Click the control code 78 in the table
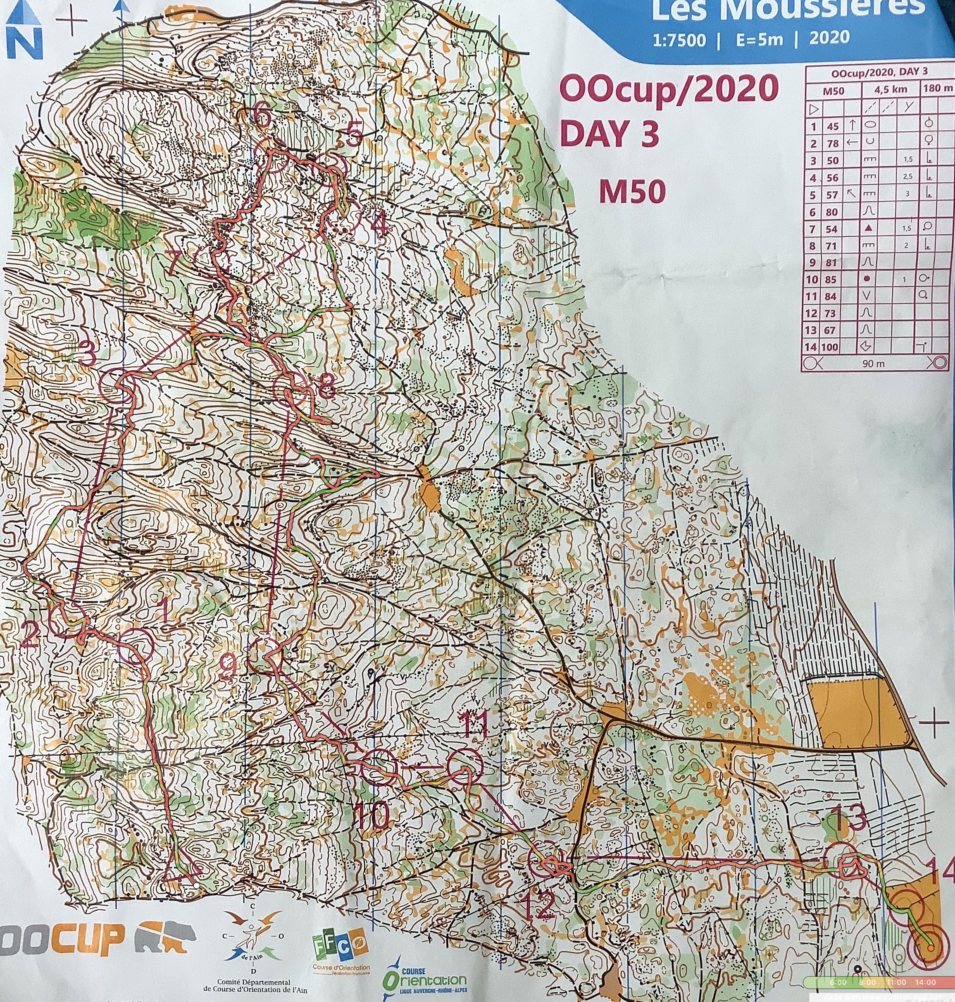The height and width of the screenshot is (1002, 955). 832,143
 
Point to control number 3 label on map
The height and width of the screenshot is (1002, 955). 88,354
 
